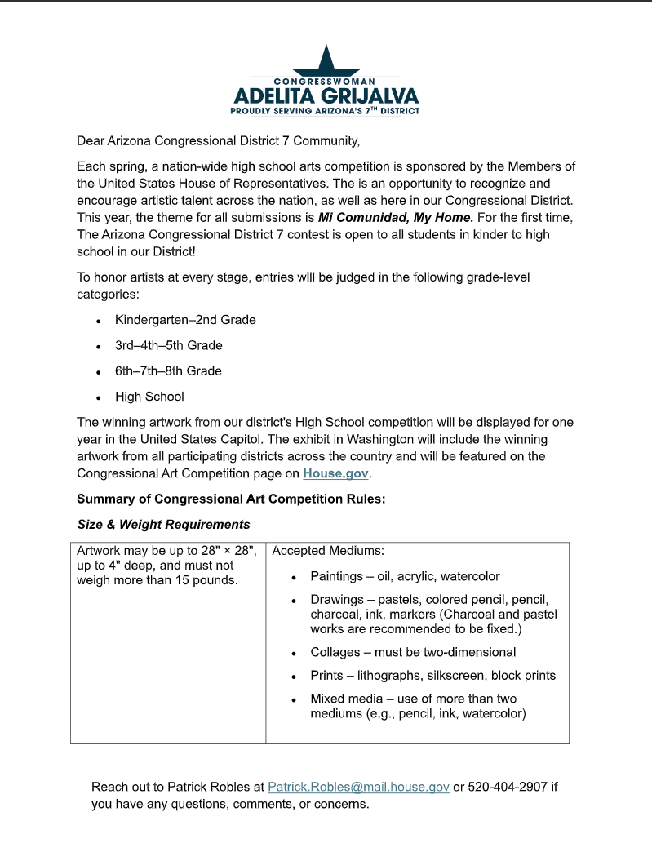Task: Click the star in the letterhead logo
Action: [326, 62]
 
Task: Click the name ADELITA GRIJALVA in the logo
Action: [326, 95]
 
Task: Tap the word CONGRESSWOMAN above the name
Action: [325, 82]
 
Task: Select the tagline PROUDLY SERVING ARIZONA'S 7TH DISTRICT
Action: [325, 110]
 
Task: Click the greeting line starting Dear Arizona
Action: [218, 140]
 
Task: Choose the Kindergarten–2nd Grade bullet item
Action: [185, 320]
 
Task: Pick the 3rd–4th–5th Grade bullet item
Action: [168, 345]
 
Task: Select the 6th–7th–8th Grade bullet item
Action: [168, 370]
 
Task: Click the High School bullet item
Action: [149, 397]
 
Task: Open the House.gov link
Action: [336, 473]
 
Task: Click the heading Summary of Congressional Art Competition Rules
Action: [231, 499]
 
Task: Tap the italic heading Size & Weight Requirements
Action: [163, 524]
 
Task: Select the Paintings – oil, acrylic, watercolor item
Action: [405, 576]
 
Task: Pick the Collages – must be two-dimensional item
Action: [413, 652]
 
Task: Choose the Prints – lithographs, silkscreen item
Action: [432, 676]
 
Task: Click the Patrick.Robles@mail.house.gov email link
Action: [358, 787]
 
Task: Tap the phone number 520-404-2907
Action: [508, 787]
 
